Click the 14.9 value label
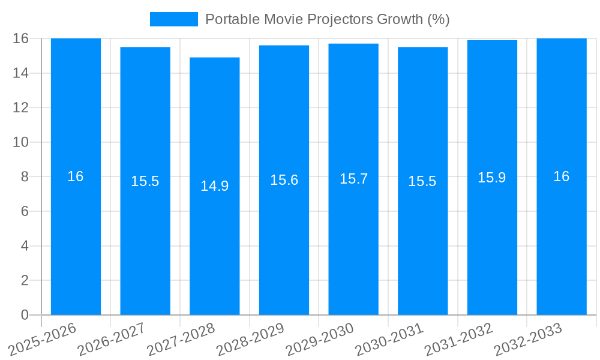(214, 186)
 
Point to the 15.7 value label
(353, 179)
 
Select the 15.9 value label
(492, 178)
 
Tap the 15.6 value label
(284, 180)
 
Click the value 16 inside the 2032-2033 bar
(562, 176)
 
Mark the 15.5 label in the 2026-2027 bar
(145, 181)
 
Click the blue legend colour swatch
(173, 19)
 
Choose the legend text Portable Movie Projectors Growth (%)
(328, 19)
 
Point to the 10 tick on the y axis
(21, 142)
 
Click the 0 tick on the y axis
(25, 315)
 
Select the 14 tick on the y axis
(21, 73)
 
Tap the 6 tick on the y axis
(25, 211)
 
